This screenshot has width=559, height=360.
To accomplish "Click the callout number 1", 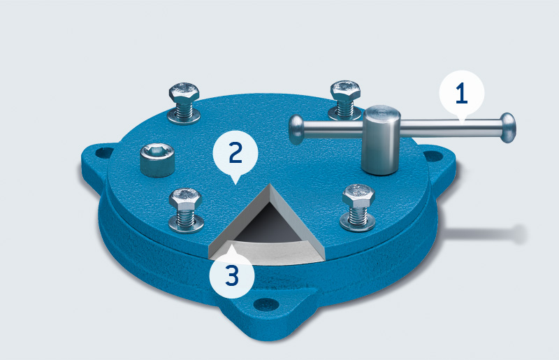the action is tap(461, 93).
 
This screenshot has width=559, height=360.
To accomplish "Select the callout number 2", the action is tap(235, 152).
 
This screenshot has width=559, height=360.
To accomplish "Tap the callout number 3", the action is tap(232, 275).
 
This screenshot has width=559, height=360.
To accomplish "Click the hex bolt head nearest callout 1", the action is tap(345, 90).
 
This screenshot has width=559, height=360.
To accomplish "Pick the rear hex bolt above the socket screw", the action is tap(184, 93).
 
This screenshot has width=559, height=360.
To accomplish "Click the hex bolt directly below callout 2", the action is tap(185, 199).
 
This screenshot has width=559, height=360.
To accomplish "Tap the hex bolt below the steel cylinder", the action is tap(358, 195).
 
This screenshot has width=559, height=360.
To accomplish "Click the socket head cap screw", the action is tap(157, 160).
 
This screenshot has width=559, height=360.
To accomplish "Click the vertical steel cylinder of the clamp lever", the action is tap(381, 140).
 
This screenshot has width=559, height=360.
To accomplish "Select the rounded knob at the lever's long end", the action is tap(508, 128).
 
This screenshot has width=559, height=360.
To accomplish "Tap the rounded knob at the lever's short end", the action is tap(296, 129).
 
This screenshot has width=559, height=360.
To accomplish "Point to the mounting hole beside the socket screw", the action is tap(104, 152).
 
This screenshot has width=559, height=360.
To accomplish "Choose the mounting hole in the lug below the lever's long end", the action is tap(433, 156).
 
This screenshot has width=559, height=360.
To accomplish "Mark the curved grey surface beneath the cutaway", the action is tap(271, 252).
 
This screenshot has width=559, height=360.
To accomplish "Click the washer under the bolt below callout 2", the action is tap(186, 224).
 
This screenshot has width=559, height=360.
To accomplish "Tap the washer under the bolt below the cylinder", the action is tap(358, 221).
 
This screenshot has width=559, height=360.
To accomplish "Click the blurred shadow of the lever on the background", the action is tap(485, 234).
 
